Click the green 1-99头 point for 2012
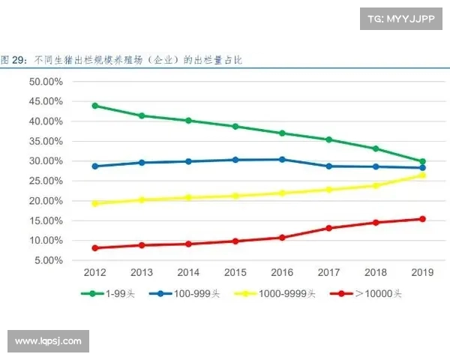tap(94, 106)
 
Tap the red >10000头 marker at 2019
tap(422, 219)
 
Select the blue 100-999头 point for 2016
tap(282, 159)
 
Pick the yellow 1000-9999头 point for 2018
tap(376, 185)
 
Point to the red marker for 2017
tap(328, 228)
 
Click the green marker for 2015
tap(235, 126)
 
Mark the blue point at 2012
tap(94, 166)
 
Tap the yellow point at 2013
tap(141, 200)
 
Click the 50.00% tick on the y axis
tap(46, 81)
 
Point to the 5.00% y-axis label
tap(48, 260)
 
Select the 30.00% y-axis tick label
tap(46, 160)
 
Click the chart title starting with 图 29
tap(121, 58)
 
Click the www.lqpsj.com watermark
tap(48, 341)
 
